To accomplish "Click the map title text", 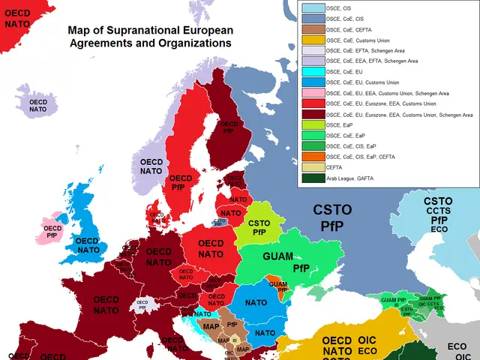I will pos(150,37).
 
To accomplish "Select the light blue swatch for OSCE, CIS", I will pos(313,7).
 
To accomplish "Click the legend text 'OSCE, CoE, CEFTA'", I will pos(353,28).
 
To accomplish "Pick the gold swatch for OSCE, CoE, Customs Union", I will pos(313,40).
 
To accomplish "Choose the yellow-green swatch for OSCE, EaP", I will pos(313,125).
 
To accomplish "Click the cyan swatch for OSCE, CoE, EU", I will pos(313,72).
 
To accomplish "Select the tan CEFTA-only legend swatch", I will pos(313,168).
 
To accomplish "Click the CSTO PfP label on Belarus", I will pos(259,227).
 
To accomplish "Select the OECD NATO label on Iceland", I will pos(37,105).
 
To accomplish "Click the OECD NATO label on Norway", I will pos(151,166).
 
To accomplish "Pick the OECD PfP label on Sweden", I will pos(182,183).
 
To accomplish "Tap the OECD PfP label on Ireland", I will pos(52,232).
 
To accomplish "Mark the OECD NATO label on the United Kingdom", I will pos(88,245).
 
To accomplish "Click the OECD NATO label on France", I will pos(106,304).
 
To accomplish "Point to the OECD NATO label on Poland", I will pos(211,248).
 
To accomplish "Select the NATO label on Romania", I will pos(256,302).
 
